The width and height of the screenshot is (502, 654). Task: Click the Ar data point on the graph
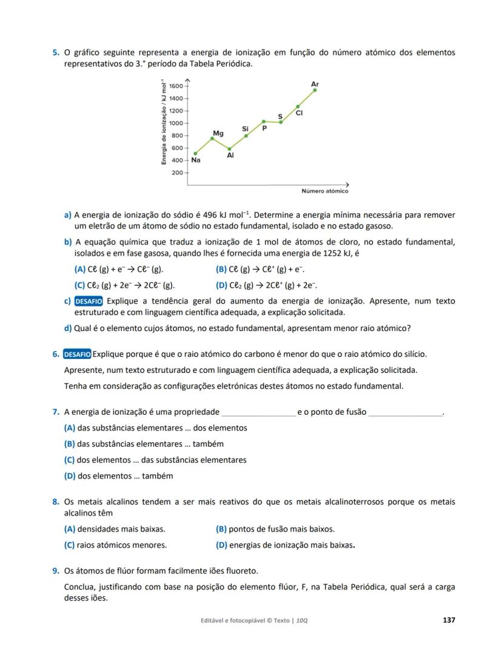pyautogui.click(x=315, y=90)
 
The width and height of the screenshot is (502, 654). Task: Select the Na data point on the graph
pyautogui.click(x=195, y=154)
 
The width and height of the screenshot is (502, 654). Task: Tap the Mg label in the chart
pyautogui.click(x=218, y=132)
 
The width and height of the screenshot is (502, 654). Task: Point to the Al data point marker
pyautogui.click(x=229, y=148)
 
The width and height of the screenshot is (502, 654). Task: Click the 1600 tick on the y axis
pyautogui.click(x=176, y=86)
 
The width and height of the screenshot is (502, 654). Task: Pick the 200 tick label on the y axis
pyautogui.click(x=176, y=173)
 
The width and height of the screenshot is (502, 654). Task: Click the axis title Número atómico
pyautogui.click(x=325, y=191)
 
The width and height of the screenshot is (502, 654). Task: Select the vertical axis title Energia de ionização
pyautogui.click(x=163, y=122)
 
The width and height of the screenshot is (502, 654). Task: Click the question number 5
pyautogui.click(x=55, y=53)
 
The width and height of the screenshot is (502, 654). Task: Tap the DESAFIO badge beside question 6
pyautogui.click(x=77, y=354)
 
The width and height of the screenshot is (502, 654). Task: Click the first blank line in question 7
pyautogui.click(x=259, y=413)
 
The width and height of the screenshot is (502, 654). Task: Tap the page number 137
pyautogui.click(x=449, y=620)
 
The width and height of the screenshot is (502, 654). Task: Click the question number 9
pyautogui.click(x=55, y=571)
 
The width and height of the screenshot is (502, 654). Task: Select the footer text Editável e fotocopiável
pyautogui.click(x=236, y=621)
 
